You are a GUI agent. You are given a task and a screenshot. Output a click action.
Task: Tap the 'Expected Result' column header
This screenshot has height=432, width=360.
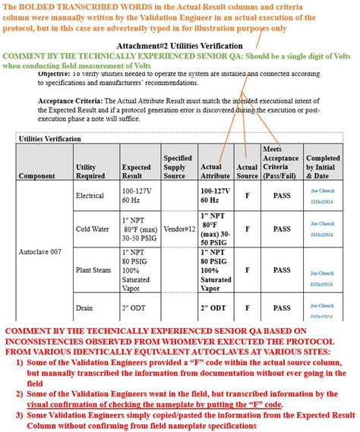[x=136, y=171]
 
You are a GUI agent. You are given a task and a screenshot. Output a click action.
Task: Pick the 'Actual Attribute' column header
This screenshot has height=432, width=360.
[x=215, y=171]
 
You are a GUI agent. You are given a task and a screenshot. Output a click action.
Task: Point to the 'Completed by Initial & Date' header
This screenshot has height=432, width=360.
[x=322, y=166]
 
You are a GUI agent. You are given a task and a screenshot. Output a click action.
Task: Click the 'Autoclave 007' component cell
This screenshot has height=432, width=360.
[x=41, y=251]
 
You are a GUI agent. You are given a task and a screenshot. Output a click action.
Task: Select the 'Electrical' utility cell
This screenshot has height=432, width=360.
[x=90, y=196]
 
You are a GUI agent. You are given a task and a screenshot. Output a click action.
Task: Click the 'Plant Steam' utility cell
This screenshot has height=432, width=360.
[x=93, y=270]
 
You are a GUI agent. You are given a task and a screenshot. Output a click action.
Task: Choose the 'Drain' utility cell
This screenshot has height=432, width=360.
[x=84, y=307]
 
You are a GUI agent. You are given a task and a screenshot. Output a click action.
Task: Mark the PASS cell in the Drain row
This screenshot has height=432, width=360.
[x=282, y=307]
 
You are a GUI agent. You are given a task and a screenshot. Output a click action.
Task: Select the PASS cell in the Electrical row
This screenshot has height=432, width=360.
[x=282, y=196]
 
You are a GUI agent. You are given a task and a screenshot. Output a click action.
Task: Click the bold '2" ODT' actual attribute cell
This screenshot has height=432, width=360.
[x=213, y=307]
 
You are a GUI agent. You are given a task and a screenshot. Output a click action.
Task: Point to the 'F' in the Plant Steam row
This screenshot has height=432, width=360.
[x=247, y=270]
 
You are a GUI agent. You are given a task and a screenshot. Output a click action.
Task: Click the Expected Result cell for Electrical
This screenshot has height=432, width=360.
[x=137, y=196]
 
